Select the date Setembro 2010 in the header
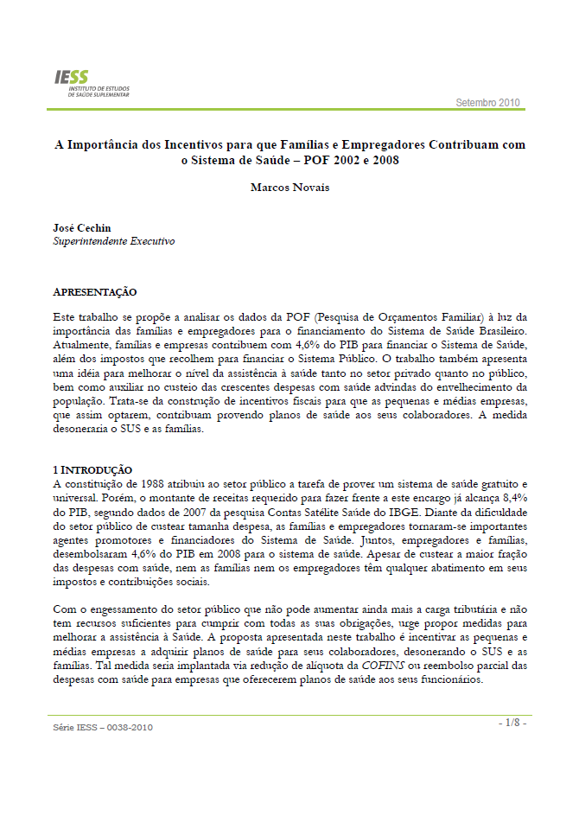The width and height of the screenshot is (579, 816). (x=488, y=103)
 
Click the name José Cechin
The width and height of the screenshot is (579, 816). (x=82, y=228)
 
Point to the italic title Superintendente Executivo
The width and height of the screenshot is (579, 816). (x=113, y=242)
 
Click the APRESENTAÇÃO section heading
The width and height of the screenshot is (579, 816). (x=95, y=292)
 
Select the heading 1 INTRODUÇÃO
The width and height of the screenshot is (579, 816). (x=92, y=469)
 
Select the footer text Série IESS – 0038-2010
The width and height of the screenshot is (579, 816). (x=103, y=728)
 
